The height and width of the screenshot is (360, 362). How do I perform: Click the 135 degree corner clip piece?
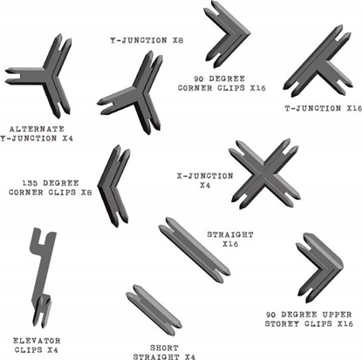[113, 182]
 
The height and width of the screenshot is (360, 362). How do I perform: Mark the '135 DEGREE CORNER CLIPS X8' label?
[51, 188]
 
